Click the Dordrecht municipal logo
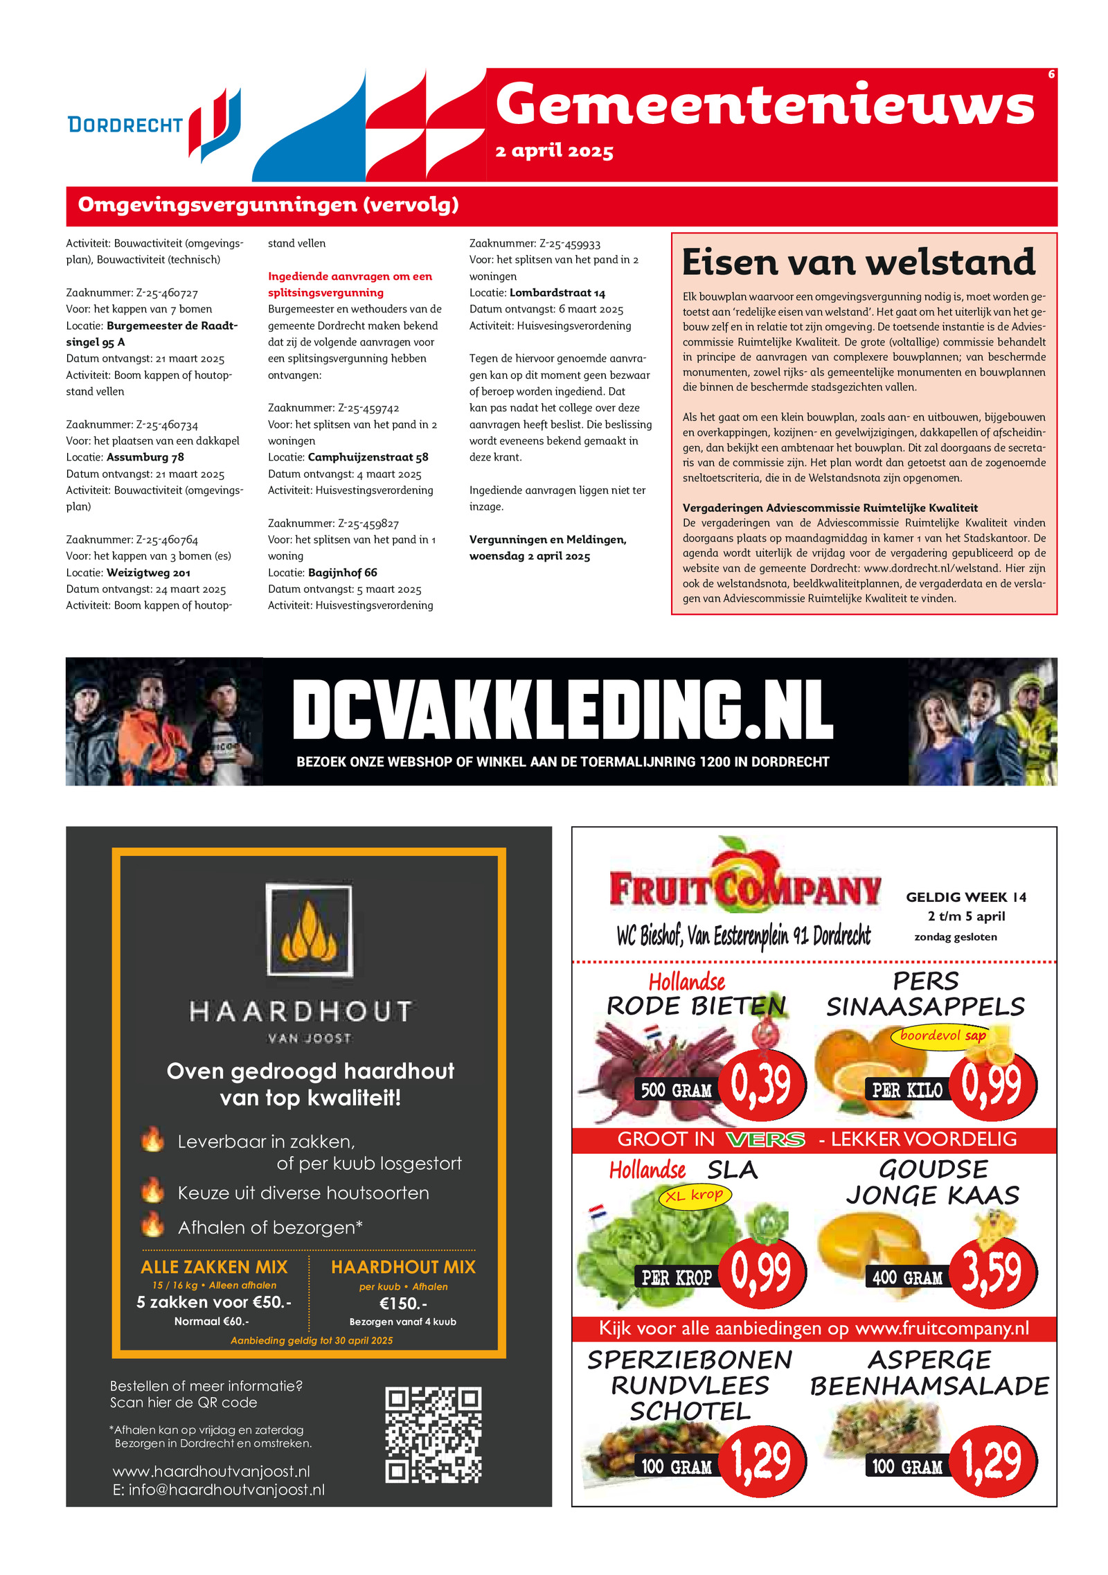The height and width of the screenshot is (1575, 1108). pyautogui.click(x=154, y=125)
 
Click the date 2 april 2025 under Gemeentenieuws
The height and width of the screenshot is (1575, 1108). pyautogui.click(x=554, y=151)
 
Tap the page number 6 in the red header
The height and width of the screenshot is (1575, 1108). pyautogui.click(x=1051, y=75)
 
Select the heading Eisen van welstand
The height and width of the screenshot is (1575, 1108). pyautogui.click(x=858, y=262)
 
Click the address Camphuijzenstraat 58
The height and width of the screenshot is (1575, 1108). pyautogui.click(x=368, y=457)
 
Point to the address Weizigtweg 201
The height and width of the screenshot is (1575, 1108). pyautogui.click(x=148, y=573)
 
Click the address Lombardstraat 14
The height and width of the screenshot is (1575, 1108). pyautogui.click(x=557, y=292)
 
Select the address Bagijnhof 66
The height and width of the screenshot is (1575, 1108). pyautogui.click(x=342, y=573)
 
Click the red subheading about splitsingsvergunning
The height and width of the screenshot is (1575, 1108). pyautogui.click(x=350, y=284)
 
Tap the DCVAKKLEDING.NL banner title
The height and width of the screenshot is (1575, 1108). pyautogui.click(x=562, y=709)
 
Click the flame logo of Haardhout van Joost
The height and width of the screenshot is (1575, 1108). pyautogui.click(x=309, y=931)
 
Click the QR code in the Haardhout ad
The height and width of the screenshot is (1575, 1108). pyautogui.click(x=433, y=1434)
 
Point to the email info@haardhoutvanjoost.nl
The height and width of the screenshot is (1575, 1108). pyautogui.click(x=219, y=1489)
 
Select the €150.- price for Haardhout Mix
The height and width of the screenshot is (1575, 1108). pyautogui.click(x=403, y=1303)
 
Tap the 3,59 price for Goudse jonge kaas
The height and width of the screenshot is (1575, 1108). pyautogui.click(x=992, y=1272)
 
